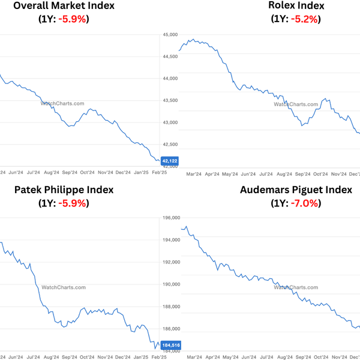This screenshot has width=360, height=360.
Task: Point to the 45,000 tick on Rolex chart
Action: click(170, 34)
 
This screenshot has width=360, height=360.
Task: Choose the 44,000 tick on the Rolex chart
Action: click(170, 79)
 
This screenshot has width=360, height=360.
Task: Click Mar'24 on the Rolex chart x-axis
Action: click(194, 174)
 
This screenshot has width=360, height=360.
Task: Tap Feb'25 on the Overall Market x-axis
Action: click(160, 172)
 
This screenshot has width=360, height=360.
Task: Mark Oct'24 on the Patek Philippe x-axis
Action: click(87, 356)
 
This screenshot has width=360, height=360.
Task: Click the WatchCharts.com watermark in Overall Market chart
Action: click(62, 103)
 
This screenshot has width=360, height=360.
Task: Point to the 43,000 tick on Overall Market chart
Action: click(170, 122)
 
